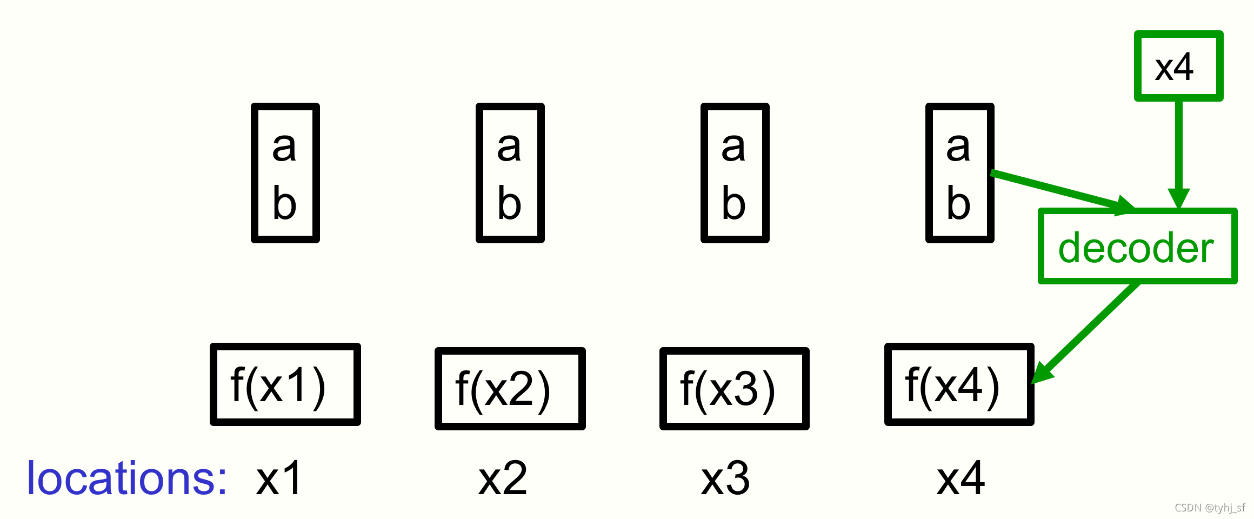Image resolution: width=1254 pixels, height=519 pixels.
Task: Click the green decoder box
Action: click(1137, 247)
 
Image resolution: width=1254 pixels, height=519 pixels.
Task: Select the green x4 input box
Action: click(1178, 66)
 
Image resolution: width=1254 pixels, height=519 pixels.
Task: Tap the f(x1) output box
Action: click(285, 384)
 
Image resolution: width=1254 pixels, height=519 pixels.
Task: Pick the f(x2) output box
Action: click(510, 389)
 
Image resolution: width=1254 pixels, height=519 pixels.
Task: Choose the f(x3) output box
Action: click(734, 389)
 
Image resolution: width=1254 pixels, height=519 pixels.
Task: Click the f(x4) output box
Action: click(959, 384)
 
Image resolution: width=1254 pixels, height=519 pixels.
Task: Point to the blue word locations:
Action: click(127, 478)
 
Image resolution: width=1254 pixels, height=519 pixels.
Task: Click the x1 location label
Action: click(279, 478)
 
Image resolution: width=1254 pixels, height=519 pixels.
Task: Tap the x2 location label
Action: click(503, 478)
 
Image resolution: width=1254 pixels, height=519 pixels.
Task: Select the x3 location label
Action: click(725, 478)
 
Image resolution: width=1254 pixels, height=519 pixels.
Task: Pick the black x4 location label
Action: click(960, 478)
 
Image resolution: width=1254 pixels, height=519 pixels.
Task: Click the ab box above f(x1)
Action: click(285, 173)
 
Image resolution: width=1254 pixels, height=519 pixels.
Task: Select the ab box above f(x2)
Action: click(510, 173)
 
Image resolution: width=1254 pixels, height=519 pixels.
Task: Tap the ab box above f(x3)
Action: click(735, 173)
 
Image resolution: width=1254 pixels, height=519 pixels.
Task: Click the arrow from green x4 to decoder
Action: click(1178, 151)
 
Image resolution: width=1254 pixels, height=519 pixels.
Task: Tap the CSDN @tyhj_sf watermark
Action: click(1210, 508)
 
